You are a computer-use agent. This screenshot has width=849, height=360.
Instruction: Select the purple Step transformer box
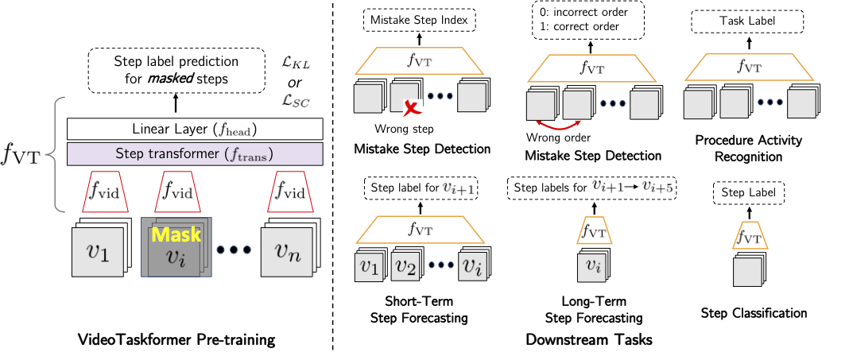(195, 153)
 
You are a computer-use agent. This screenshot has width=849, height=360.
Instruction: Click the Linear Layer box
(195, 130)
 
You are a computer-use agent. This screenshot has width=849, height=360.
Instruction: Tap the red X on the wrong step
(413, 108)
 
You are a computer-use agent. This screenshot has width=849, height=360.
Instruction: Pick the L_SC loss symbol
(297, 100)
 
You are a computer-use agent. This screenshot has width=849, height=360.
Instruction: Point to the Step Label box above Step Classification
(750, 192)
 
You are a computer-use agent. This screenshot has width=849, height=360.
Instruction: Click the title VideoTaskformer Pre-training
(176, 340)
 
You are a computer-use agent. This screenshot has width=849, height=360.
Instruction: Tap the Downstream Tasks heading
(588, 339)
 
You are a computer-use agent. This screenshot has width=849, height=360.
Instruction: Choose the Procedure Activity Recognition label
(748, 149)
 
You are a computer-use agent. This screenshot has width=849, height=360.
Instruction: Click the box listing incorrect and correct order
(589, 20)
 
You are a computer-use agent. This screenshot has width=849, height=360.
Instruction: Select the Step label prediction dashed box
(176, 71)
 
